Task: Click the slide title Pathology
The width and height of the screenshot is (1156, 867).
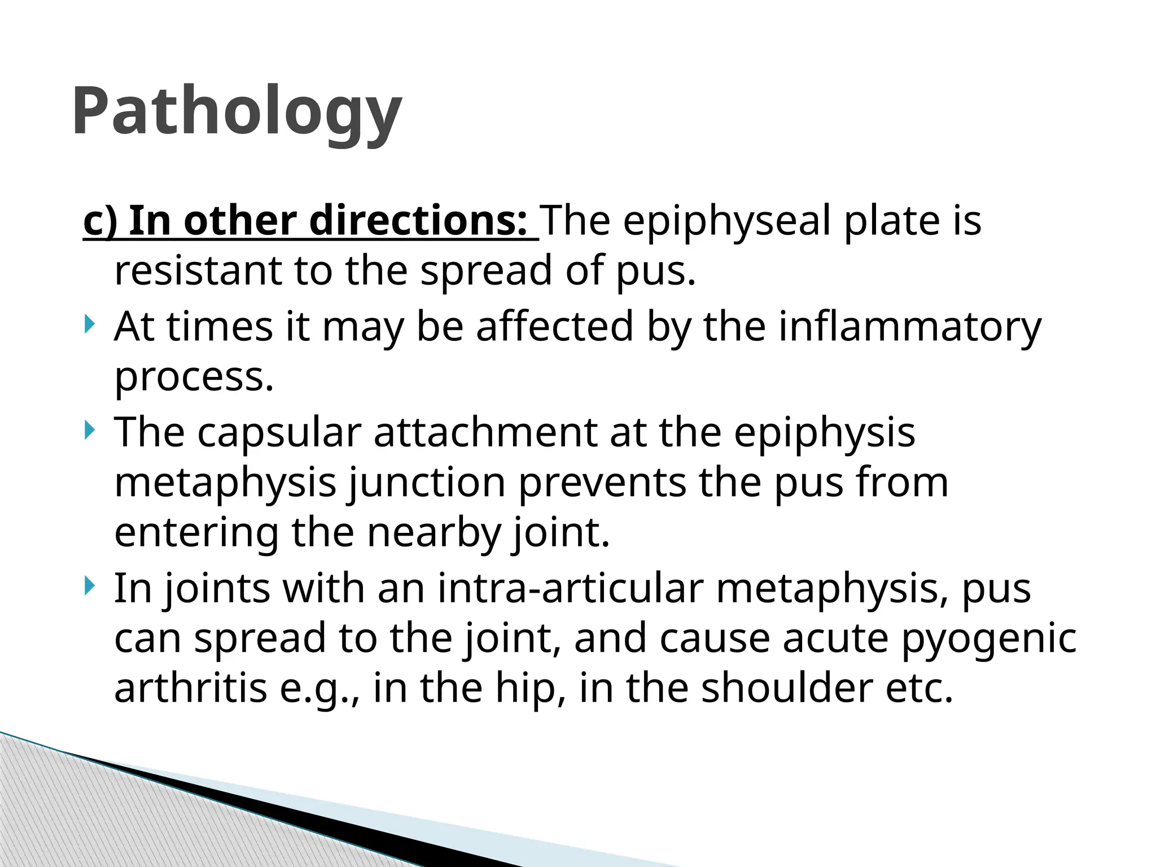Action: [237, 111]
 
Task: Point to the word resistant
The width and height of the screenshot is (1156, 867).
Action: [198, 270]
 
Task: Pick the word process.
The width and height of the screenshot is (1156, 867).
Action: [194, 377]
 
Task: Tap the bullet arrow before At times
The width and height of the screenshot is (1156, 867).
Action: [89, 325]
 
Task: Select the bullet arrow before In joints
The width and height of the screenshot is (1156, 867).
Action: [89, 586]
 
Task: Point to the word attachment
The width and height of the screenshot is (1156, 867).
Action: [485, 433]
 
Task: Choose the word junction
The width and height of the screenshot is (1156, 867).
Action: [426, 483]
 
